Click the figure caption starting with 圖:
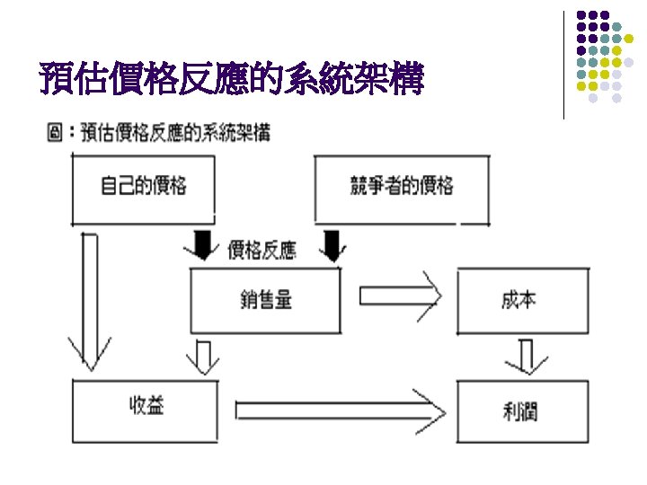click(157, 133)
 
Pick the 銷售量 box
click(266, 300)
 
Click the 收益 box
click(145, 410)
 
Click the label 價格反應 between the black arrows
click(262, 250)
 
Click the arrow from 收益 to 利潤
click(340, 410)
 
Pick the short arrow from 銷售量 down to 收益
click(203, 357)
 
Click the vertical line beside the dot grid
click(564, 63)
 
